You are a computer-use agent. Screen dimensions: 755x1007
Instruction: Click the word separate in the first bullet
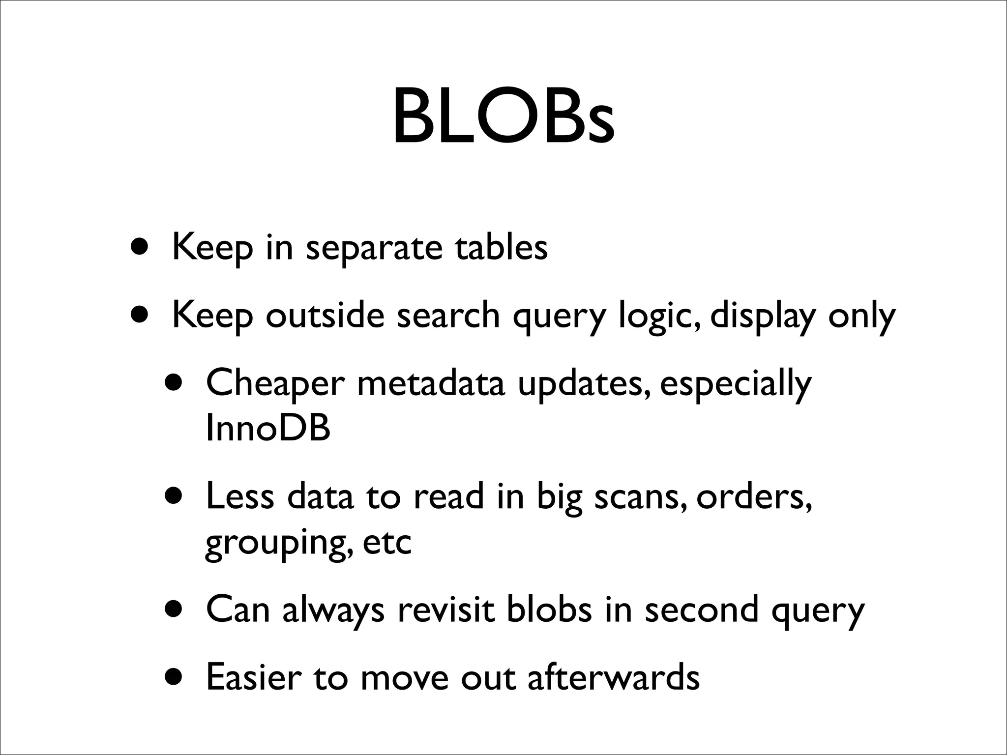[x=373, y=248]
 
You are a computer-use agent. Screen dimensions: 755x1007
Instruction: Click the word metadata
[x=431, y=383]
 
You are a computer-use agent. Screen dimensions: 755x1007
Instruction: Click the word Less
[x=240, y=496]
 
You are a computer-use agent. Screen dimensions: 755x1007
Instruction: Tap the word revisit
[x=445, y=610]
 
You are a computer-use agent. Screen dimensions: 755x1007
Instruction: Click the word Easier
[x=254, y=677]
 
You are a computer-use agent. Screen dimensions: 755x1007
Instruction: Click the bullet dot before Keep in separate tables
[x=139, y=245]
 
